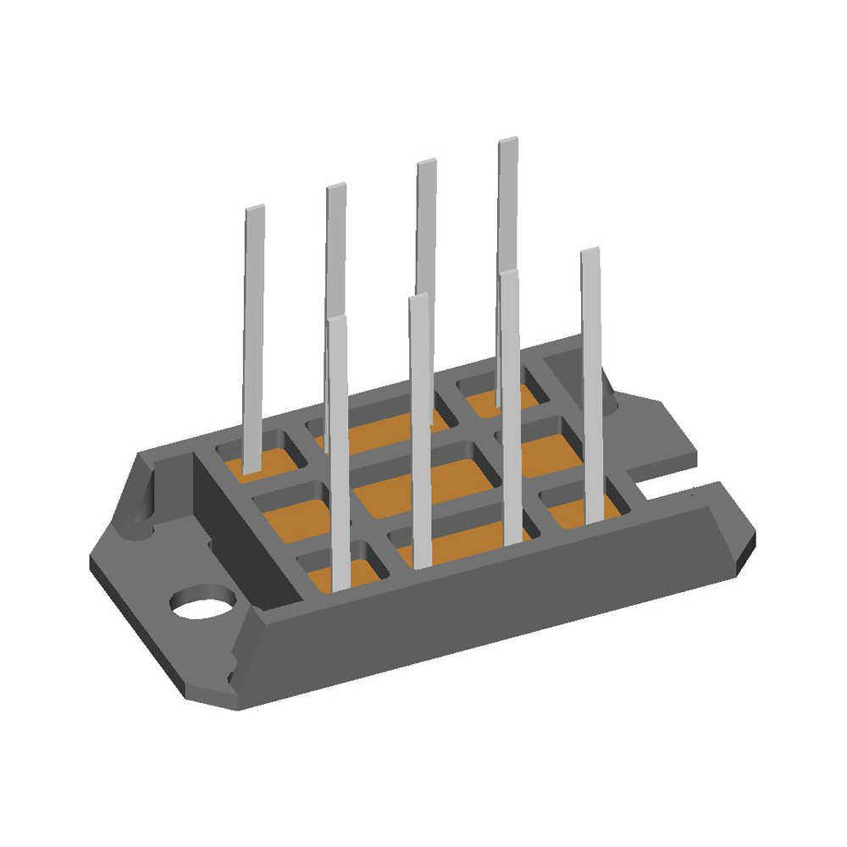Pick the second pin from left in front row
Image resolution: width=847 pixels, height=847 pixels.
coord(419,423)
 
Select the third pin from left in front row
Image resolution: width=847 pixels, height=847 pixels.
coord(509,407)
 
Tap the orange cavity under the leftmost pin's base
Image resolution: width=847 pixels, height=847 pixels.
coord(267,462)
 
